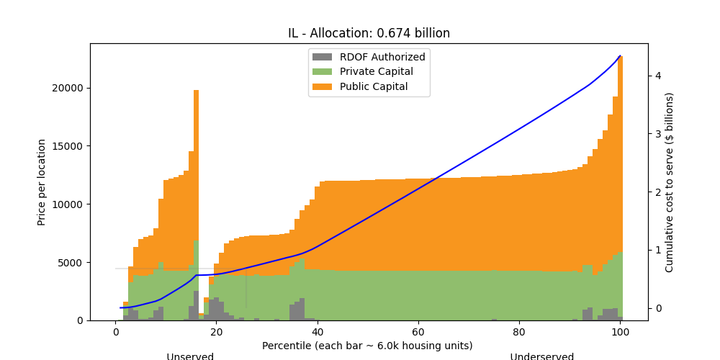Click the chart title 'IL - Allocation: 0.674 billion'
coord(369,33)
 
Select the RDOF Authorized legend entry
coord(382,57)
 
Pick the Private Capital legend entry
coord(377,72)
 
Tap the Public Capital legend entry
coord(374,86)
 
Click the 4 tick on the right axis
coord(657,76)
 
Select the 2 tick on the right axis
coord(657,192)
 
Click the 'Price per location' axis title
coord(42,182)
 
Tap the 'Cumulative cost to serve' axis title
coord(670,182)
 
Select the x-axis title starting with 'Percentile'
coord(367,346)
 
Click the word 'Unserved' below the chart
coord(190,356)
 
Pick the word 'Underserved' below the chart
coord(542,356)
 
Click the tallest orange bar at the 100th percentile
coord(620,144)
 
